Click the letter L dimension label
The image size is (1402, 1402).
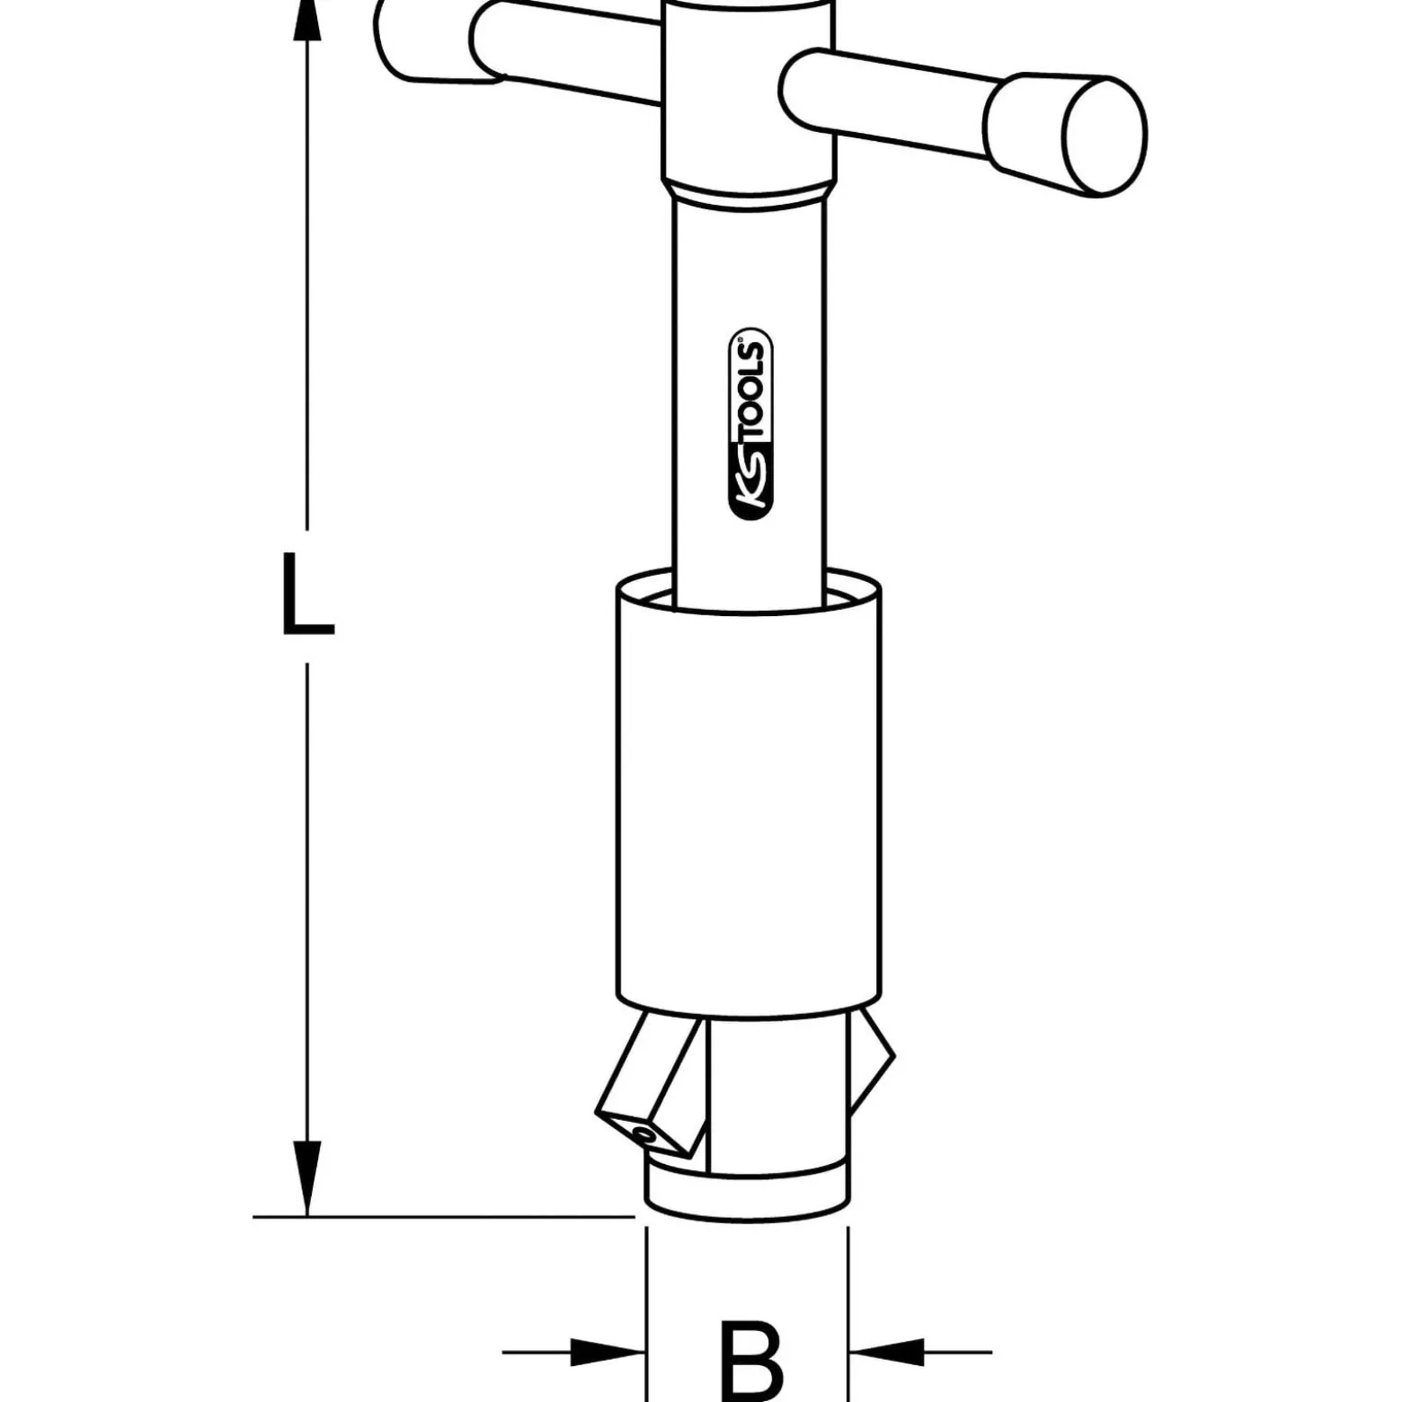(x=307, y=595)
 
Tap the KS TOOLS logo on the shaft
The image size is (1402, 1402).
(x=750, y=423)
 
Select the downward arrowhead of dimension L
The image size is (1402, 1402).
(x=307, y=1177)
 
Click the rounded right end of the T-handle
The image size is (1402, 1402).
(x=1105, y=135)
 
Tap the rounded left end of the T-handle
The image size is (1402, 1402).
(x=395, y=40)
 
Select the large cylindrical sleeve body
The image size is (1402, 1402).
(x=749, y=790)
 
